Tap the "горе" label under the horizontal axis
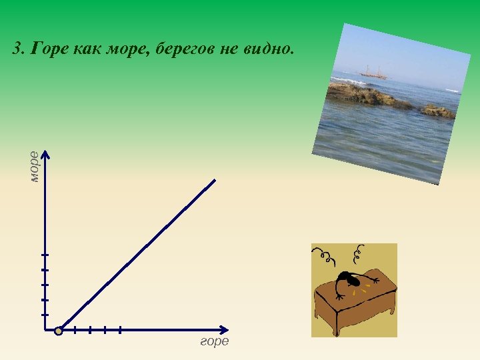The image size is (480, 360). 215,341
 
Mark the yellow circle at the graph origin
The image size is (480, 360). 59,330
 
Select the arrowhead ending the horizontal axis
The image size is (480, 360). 225,330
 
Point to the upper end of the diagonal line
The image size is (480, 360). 215,180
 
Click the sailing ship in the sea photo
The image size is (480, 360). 373,71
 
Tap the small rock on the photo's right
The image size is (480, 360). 438,111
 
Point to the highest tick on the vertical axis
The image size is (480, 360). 45,255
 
